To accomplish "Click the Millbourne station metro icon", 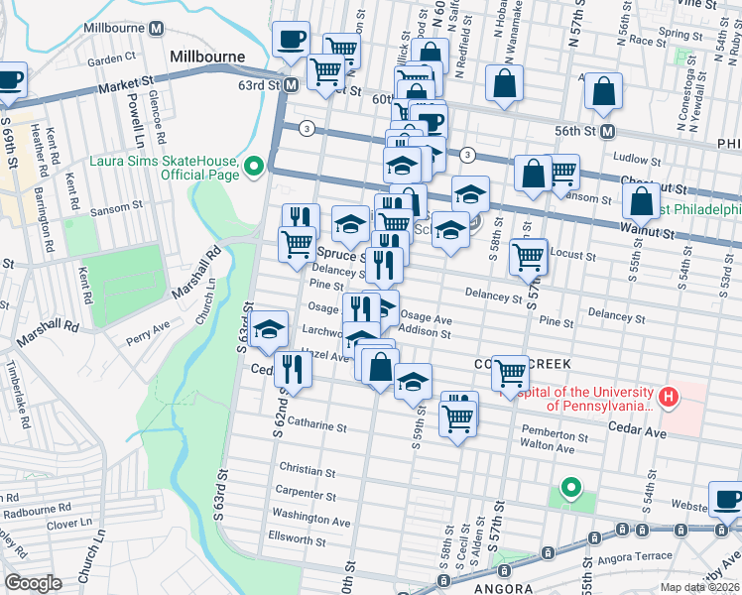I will (156, 29).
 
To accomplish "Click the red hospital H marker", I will (669, 398).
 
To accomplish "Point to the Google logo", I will (33, 582).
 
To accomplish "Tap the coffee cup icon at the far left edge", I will (9, 79).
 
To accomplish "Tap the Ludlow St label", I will (637, 159).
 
